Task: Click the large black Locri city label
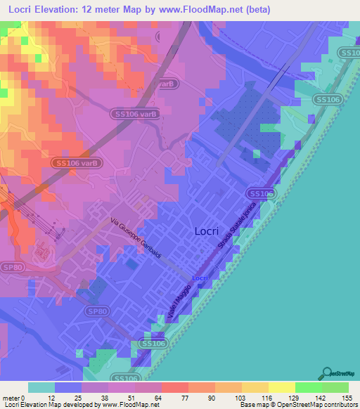click(x=209, y=231)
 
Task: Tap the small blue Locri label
click(x=200, y=278)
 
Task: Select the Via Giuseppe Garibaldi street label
click(x=136, y=239)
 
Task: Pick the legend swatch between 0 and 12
click(x=41, y=387)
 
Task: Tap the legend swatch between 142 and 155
click(x=335, y=387)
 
